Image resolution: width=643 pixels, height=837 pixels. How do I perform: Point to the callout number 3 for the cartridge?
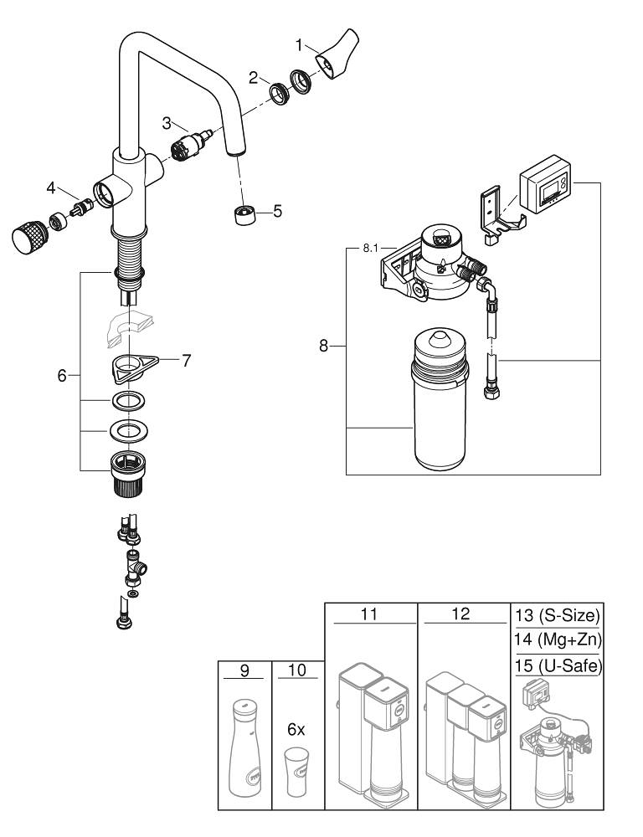(x=167, y=123)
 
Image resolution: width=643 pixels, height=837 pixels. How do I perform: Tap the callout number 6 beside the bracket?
(x=62, y=376)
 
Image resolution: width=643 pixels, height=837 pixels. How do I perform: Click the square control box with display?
(x=545, y=187)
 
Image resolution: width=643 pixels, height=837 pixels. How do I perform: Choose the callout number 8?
(x=324, y=346)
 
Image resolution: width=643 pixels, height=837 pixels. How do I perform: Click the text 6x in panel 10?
(x=296, y=730)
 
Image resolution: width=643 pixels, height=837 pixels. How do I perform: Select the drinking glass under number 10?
(x=296, y=772)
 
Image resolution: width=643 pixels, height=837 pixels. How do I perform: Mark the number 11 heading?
(x=369, y=614)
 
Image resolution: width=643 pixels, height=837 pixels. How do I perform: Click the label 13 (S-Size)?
(x=557, y=617)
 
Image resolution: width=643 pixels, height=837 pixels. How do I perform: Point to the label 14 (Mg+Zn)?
(x=557, y=640)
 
